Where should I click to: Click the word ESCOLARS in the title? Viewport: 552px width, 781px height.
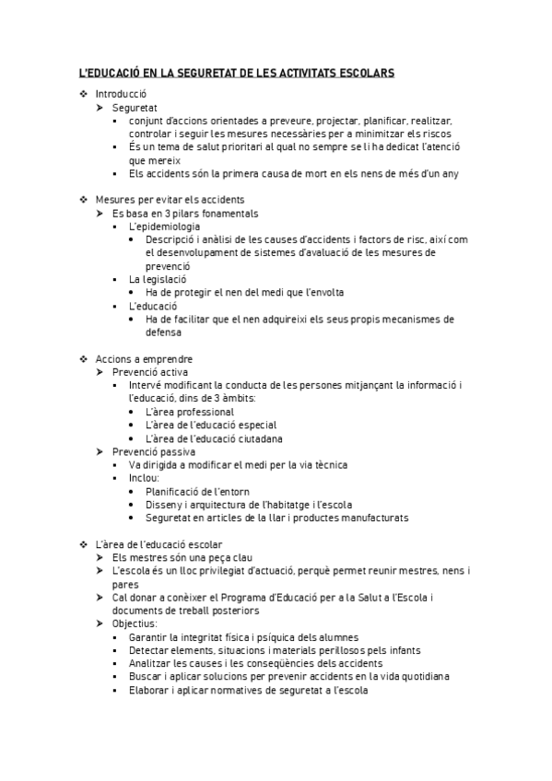[x=362, y=72]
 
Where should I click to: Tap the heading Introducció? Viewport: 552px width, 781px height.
[x=121, y=94]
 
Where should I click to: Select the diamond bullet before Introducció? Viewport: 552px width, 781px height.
[x=84, y=94]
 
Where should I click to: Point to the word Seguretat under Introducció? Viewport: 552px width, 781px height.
[x=135, y=108]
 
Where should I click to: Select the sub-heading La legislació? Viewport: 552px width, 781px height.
[x=158, y=279]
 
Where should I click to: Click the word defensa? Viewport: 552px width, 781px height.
[x=163, y=332]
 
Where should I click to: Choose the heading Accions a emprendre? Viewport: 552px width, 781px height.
[x=144, y=359]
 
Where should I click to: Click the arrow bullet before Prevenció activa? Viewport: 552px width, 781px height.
[x=101, y=372]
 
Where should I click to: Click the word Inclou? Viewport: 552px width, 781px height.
[x=144, y=479]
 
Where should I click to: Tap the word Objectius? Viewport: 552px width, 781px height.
[x=135, y=624]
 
